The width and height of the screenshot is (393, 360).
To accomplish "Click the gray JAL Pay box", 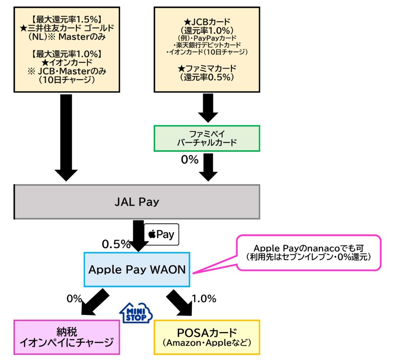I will click(137, 202).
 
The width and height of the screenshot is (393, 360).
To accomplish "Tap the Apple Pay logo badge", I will click(161, 234).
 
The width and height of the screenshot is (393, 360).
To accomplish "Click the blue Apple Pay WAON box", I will click(137, 270).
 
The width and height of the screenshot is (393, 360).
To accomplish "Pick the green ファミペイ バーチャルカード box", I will click(207, 138).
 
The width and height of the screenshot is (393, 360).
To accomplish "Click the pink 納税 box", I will click(67, 337).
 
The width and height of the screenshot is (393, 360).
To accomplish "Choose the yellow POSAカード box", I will click(207, 337).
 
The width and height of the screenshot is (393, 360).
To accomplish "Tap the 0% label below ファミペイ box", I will click(189, 160).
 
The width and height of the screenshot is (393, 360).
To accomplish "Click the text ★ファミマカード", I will click(206, 68).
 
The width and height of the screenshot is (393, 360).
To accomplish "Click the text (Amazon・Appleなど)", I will click(207, 343).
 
